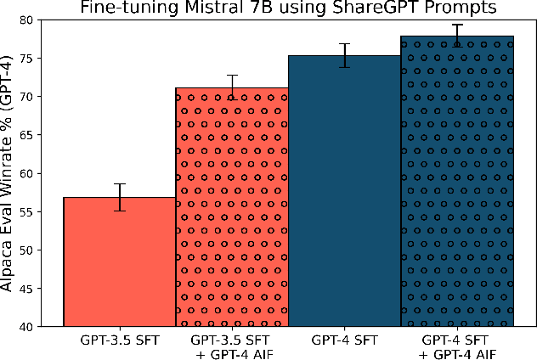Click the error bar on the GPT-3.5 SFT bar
click(120, 197)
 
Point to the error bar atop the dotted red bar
click(232, 87)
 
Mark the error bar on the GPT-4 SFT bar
click(344, 55)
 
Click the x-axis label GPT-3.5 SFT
click(120, 340)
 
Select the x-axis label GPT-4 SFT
click(344, 340)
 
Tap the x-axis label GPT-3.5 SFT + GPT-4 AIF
click(232, 346)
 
